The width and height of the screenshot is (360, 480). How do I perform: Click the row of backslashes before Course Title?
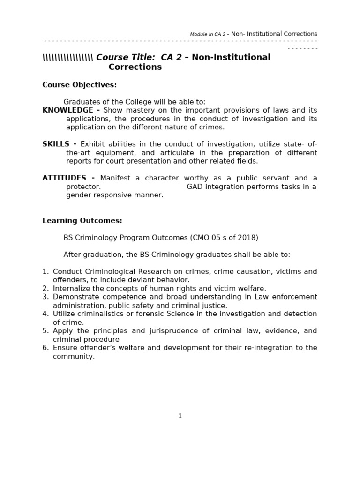[x=68, y=58]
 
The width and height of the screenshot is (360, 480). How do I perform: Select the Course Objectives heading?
[x=79, y=85]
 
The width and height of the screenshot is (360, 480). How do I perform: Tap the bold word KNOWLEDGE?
[x=67, y=110]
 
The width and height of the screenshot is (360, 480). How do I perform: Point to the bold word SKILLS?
[x=56, y=144]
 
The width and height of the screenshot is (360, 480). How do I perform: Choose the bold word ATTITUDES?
[x=64, y=178]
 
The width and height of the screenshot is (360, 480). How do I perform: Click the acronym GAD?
[x=195, y=187]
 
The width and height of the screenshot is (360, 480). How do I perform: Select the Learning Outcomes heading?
[x=82, y=220]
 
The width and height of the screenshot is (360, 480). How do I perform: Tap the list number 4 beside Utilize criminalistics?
[x=45, y=314]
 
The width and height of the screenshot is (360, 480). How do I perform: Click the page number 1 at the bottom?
[x=180, y=415]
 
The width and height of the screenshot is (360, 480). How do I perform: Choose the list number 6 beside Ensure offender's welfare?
[x=45, y=348]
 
